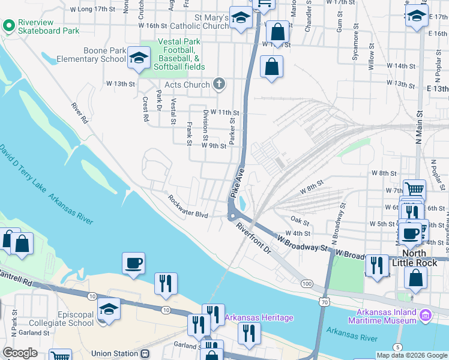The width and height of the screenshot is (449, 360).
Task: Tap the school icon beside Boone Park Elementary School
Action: point(139,58)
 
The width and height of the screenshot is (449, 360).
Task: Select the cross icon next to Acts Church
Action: point(219,85)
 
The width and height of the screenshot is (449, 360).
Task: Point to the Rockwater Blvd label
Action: point(188,206)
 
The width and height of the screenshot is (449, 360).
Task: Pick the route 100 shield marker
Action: point(307,283)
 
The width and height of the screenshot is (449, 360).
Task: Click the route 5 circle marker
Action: point(397,347)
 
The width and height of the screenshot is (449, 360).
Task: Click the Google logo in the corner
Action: point(20,353)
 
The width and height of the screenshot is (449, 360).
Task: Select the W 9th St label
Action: point(214,145)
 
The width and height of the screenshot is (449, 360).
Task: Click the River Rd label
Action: point(79,113)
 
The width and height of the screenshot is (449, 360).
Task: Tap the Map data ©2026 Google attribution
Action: point(412,355)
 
